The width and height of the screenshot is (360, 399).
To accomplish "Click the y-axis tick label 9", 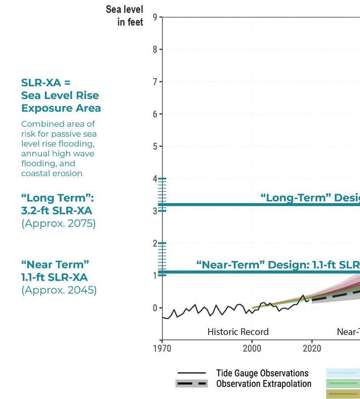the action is pyautogui.click(x=155, y=17).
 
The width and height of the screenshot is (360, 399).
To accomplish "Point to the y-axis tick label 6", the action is pyautogui.click(x=155, y=114).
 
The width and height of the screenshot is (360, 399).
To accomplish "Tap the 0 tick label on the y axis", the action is pyautogui.click(x=155, y=308).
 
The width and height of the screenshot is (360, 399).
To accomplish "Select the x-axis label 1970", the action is pyautogui.click(x=162, y=348).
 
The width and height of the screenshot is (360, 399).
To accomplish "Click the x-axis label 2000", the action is pyautogui.click(x=252, y=348).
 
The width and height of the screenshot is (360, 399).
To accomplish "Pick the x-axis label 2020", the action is pyautogui.click(x=312, y=348).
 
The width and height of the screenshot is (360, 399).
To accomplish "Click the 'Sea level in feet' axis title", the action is pyautogui.click(x=124, y=16).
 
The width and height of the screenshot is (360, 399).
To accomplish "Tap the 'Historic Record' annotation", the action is pyautogui.click(x=238, y=332).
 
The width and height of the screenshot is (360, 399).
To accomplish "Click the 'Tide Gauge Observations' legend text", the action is pyautogui.click(x=262, y=373).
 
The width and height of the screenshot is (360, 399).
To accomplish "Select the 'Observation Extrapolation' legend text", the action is pyautogui.click(x=264, y=384).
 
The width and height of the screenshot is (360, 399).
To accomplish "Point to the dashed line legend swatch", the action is pyautogui.click(x=192, y=384).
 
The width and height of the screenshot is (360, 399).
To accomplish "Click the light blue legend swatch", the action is pyautogui.click(x=343, y=373).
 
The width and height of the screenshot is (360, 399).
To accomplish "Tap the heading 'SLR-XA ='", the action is pyautogui.click(x=46, y=83).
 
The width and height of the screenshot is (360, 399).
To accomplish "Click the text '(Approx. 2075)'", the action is pyautogui.click(x=58, y=223).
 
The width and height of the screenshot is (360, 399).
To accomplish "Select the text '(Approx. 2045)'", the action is pyautogui.click(x=59, y=290).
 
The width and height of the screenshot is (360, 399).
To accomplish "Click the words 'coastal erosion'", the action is pyautogui.click(x=51, y=173).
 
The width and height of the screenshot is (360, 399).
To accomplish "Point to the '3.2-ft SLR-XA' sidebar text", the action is pyautogui.click(x=56, y=211).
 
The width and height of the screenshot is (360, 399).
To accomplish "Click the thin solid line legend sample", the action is pyautogui.click(x=192, y=373).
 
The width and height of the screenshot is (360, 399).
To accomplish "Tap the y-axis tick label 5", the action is pyautogui.click(x=155, y=146).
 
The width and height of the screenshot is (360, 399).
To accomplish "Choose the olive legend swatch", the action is pyautogui.click(x=343, y=394).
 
